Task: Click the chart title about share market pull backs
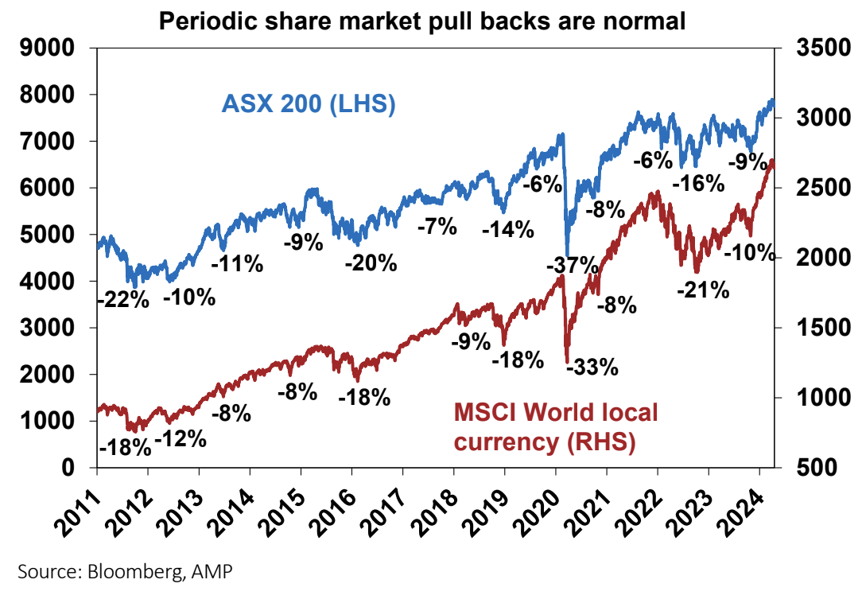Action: (422, 21)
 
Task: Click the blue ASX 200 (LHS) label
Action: (309, 104)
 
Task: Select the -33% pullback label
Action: (592, 367)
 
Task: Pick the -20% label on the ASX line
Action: (371, 263)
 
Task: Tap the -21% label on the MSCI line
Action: (703, 290)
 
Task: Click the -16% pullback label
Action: (698, 184)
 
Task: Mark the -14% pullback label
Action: (507, 230)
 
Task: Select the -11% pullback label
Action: (236, 263)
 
